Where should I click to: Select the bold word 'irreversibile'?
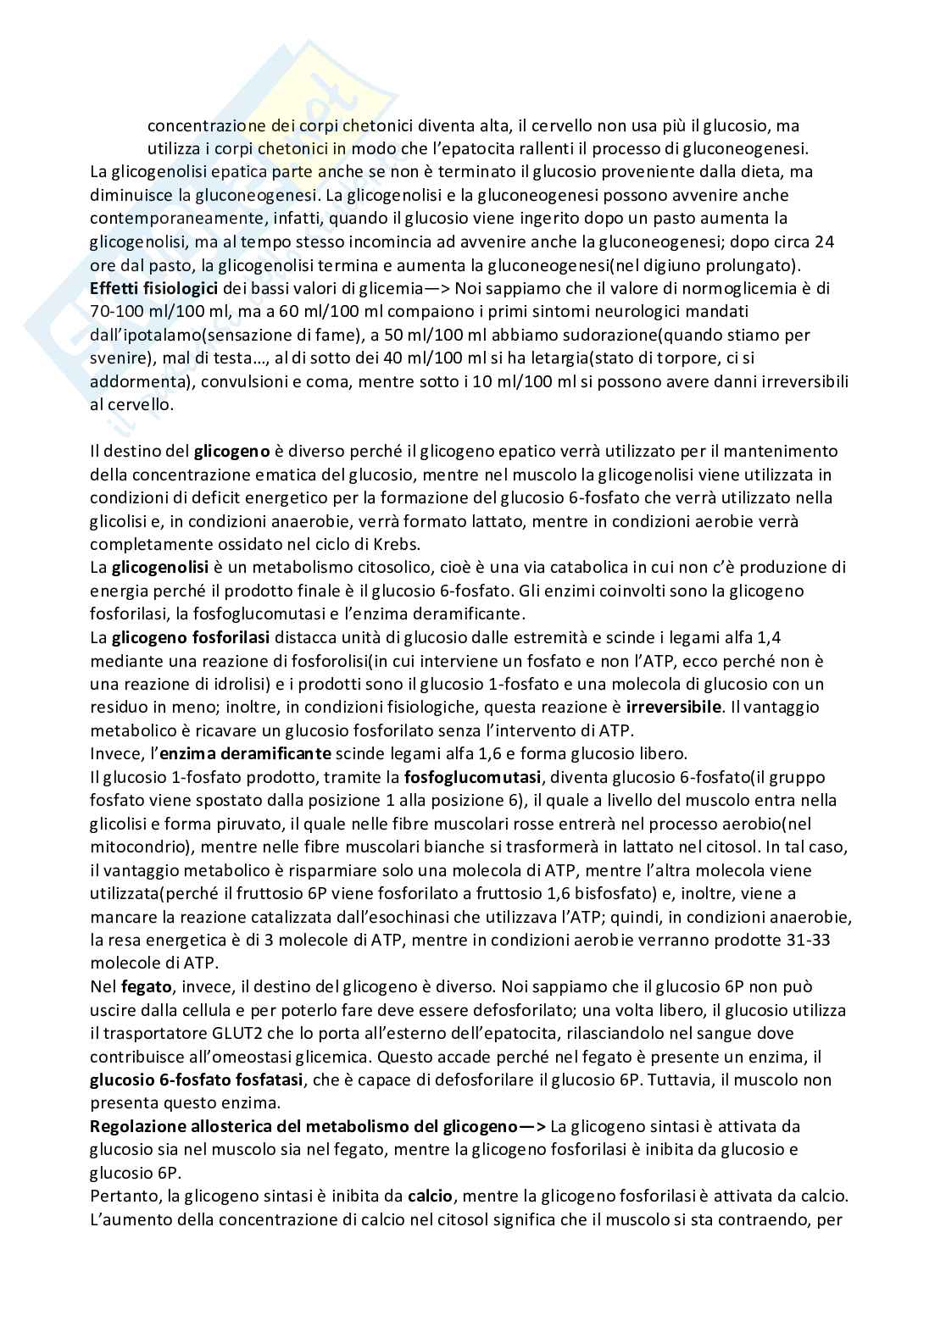(x=673, y=707)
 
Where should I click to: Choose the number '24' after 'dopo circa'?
(x=824, y=242)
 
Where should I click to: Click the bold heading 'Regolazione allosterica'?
(x=178, y=1127)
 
